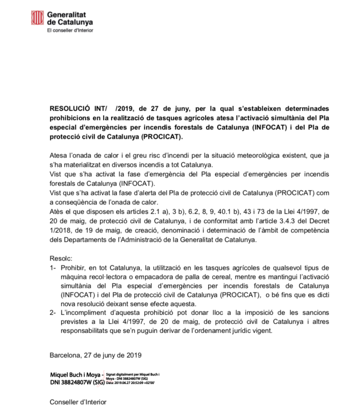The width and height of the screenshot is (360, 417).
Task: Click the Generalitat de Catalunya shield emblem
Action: point(37,18)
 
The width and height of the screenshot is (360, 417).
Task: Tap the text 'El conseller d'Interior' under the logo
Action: point(70,30)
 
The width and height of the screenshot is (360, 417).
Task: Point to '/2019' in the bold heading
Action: point(124,108)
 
